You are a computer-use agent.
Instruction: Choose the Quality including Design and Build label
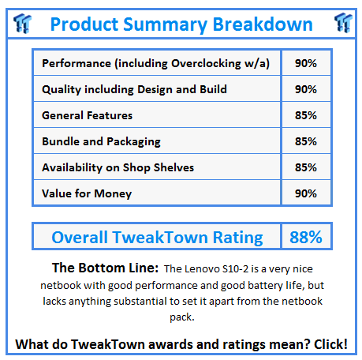click(x=134, y=89)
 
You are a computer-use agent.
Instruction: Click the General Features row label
click(x=87, y=115)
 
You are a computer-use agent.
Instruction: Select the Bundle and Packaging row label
click(x=101, y=141)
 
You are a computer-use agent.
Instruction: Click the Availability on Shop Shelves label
click(x=118, y=167)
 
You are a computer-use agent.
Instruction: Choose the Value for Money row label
click(x=87, y=193)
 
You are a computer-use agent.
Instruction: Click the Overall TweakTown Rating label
click(x=157, y=236)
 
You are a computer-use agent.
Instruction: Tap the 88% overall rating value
click(x=305, y=236)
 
